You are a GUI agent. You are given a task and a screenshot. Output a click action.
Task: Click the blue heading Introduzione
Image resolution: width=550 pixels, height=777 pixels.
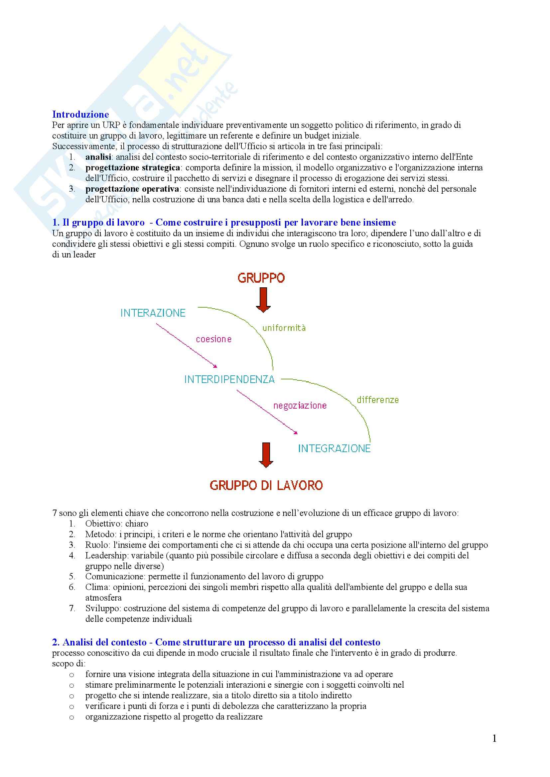pos(80,114)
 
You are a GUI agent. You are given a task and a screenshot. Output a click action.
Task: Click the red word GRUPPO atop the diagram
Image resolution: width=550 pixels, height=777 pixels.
pos(261,278)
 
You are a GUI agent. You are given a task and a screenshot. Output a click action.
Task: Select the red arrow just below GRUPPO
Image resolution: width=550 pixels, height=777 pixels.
pos(263,300)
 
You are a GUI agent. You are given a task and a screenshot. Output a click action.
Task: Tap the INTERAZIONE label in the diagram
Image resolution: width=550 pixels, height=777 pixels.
pos(153,313)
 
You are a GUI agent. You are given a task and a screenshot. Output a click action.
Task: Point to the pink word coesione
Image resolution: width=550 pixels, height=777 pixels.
pos(214,339)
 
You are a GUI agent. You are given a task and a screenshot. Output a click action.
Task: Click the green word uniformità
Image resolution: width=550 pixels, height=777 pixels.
pos(284,328)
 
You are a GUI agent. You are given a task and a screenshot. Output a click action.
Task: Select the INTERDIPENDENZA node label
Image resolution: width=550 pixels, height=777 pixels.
pos(229,380)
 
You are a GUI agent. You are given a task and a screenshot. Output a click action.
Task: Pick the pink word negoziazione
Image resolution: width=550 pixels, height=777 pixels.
pos(300,405)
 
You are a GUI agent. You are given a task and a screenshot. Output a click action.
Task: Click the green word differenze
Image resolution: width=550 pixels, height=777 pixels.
pos(378,400)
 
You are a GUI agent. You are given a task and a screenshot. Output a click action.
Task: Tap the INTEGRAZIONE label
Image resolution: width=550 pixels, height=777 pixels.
pos(334,449)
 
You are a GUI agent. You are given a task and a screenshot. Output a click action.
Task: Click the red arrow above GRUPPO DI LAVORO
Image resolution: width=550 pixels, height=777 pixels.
pos(266,455)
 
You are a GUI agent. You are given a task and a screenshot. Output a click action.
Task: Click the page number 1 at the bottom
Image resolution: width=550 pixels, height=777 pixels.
pos(494,738)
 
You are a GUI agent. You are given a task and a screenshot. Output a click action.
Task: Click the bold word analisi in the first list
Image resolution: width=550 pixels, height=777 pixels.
pos(98,157)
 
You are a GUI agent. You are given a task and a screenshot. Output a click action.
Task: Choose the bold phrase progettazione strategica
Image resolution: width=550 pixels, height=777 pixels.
pos(132,168)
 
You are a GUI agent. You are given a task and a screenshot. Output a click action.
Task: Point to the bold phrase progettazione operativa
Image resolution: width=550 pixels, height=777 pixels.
pos(132,189)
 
